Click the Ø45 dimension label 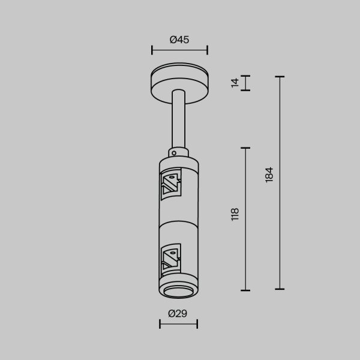(179, 40)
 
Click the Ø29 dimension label (178, 313)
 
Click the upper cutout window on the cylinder (171, 184)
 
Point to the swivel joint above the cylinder (178, 152)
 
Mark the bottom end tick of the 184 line (279, 289)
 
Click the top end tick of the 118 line (245, 148)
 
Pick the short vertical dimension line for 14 (245, 83)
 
